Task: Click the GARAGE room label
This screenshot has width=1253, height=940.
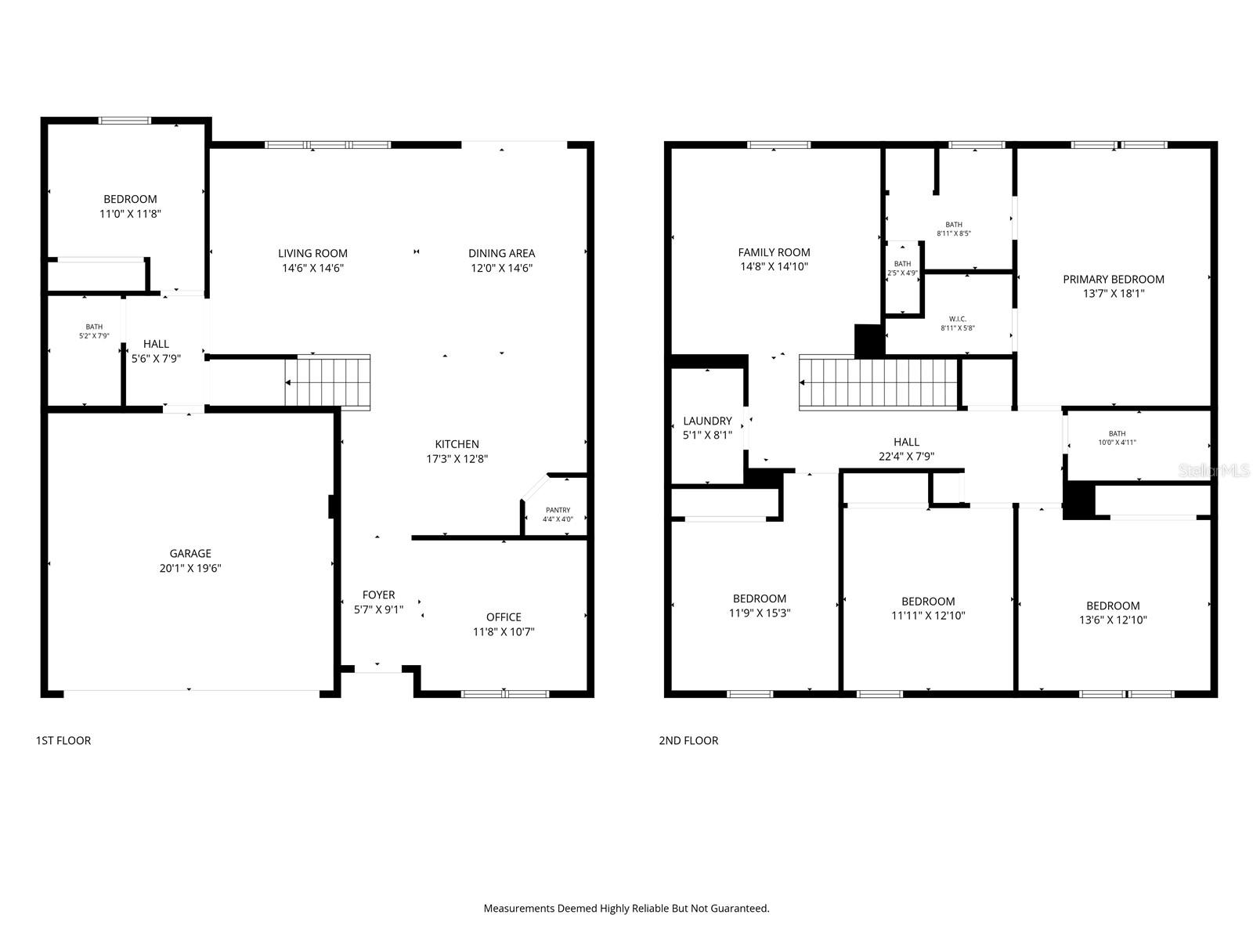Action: tap(190, 553)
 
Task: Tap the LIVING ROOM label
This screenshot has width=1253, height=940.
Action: tap(312, 253)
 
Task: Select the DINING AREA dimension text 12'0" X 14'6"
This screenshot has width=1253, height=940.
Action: tap(501, 268)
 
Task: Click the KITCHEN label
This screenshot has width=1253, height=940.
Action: tap(457, 444)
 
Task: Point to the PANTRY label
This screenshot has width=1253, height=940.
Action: tap(558, 510)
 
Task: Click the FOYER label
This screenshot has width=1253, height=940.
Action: tap(378, 595)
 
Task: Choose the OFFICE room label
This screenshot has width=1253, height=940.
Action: tap(503, 616)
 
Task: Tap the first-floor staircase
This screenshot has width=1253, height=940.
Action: tap(327, 382)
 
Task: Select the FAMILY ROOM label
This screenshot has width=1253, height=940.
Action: tap(774, 252)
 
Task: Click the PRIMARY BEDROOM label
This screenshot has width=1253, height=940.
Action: tap(1113, 279)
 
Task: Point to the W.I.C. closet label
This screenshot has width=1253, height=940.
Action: tap(957, 319)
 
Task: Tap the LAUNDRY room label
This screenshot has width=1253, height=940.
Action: tap(707, 421)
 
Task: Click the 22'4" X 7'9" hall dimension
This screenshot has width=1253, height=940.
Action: tap(906, 457)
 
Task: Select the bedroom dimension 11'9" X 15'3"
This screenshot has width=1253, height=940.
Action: tap(759, 613)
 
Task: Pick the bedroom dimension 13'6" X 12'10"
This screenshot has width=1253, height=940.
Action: tap(1112, 620)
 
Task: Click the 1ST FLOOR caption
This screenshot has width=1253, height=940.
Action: tap(63, 740)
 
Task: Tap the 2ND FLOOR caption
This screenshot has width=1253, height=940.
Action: tap(688, 740)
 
